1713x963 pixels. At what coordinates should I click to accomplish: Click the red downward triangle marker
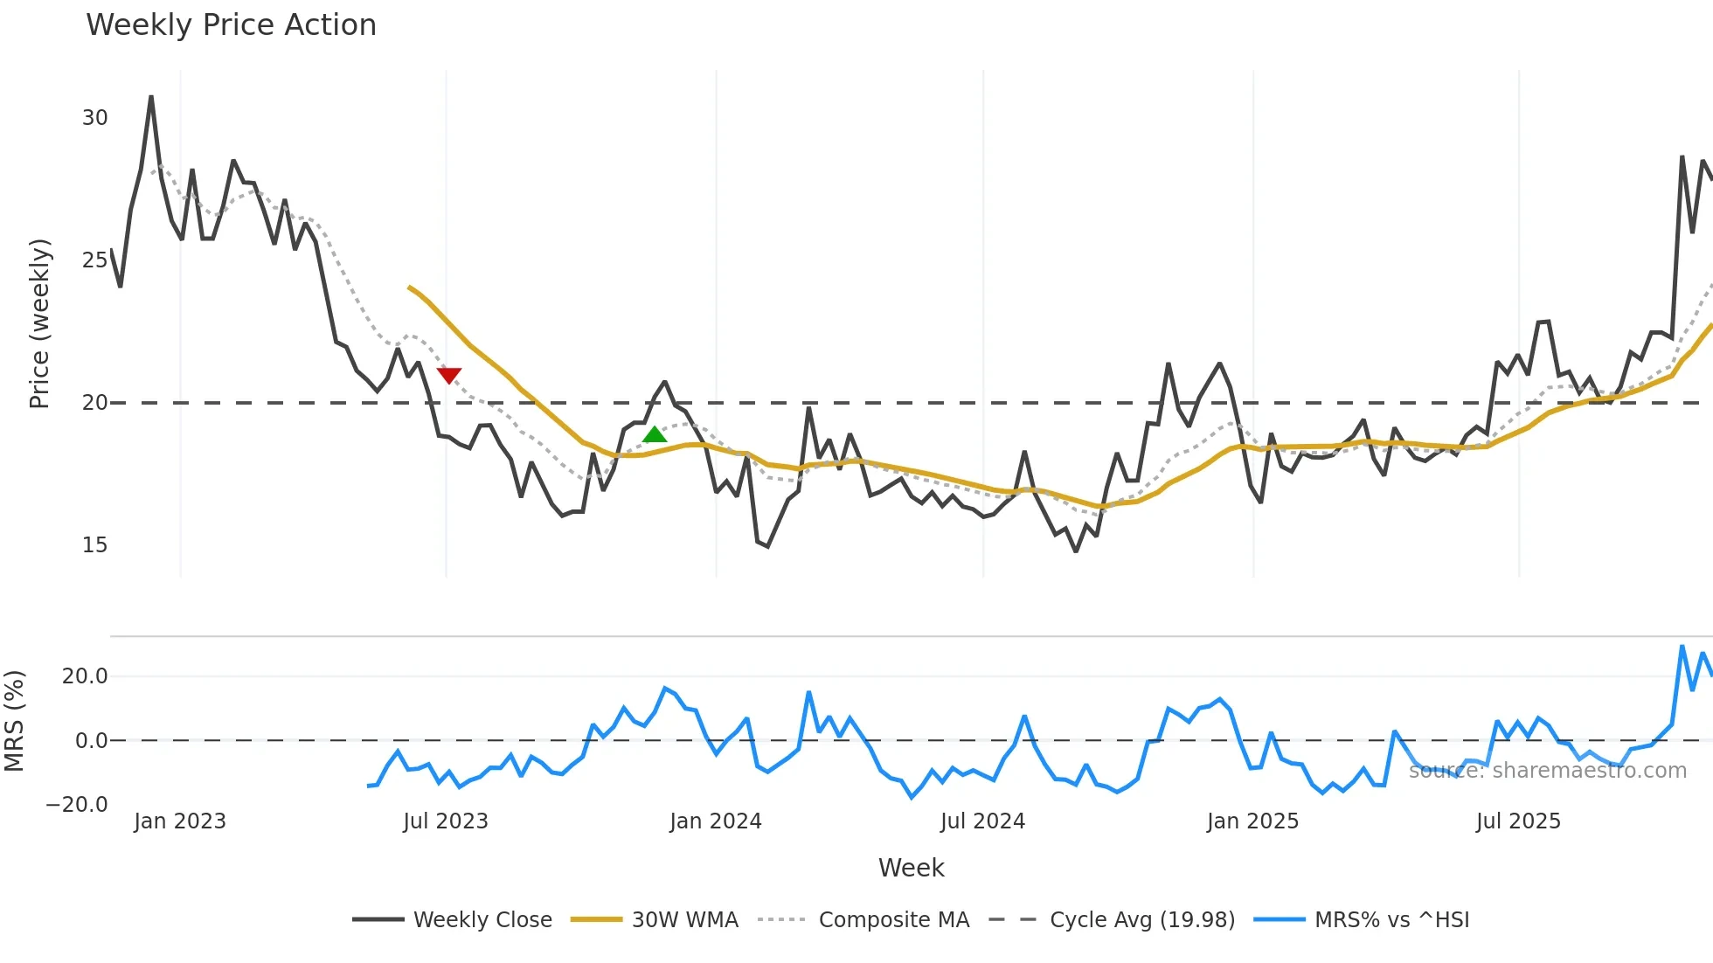point(448,376)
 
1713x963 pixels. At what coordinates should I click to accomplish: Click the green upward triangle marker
point(655,434)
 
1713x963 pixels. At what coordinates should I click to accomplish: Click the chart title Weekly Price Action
point(231,24)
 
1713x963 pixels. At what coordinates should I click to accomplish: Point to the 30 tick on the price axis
point(94,118)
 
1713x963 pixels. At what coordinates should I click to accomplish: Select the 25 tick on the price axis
point(94,260)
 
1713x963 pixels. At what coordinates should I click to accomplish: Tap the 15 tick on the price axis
point(94,545)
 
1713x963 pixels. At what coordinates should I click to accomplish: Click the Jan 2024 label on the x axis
point(715,821)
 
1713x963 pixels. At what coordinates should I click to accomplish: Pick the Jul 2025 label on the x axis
point(1517,821)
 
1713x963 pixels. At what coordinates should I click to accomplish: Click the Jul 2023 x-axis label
point(445,821)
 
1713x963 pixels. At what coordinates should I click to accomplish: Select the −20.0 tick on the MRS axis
point(77,805)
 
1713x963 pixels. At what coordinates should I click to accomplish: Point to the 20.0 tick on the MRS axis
point(84,675)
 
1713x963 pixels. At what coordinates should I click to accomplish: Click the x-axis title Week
point(911,868)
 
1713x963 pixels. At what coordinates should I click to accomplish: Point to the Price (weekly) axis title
point(39,323)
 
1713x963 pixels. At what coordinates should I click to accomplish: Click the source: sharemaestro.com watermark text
point(1547,771)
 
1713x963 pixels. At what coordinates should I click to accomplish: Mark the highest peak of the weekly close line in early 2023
point(151,97)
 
